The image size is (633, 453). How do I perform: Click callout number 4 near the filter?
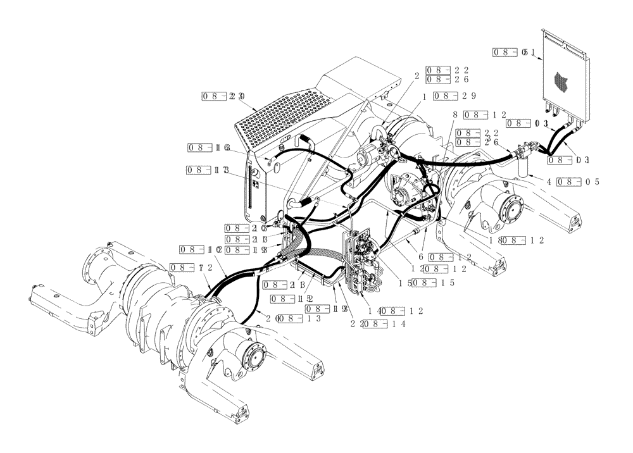[x=549, y=182]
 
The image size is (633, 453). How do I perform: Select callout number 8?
[x=455, y=115]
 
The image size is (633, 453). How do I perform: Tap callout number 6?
[x=420, y=257]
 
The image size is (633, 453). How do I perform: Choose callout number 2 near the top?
[x=417, y=75]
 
